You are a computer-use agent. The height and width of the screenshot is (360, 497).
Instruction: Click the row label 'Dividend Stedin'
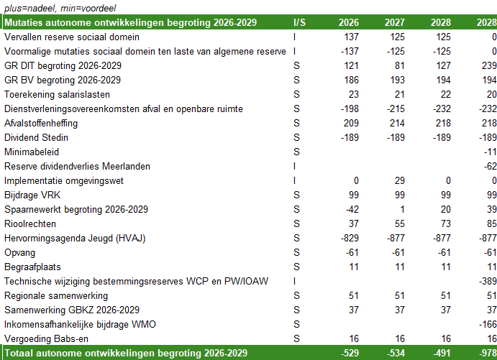(x=36, y=137)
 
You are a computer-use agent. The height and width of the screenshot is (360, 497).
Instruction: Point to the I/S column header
(x=300, y=22)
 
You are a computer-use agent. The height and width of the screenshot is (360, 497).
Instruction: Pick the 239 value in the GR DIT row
(x=488, y=65)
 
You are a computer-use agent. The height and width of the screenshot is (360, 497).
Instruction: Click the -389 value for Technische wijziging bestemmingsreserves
(x=487, y=281)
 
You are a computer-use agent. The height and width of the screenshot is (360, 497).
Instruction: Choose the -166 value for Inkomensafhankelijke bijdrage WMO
(x=487, y=324)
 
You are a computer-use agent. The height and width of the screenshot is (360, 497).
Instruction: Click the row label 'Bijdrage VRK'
(x=32, y=195)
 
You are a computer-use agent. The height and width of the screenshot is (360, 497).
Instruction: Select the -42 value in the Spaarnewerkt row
(x=351, y=209)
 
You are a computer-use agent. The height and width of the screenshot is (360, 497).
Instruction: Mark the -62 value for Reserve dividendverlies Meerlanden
(x=489, y=166)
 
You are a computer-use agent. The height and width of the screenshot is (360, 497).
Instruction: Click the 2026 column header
(x=349, y=22)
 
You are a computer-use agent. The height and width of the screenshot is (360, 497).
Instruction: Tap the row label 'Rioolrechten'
(x=30, y=223)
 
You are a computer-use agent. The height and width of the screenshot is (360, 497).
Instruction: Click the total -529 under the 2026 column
(x=350, y=353)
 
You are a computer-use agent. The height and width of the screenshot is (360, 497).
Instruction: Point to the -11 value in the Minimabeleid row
(x=490, y=152)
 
